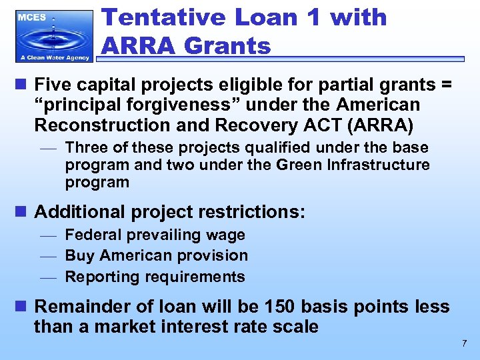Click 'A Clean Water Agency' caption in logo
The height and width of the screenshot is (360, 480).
tap(53, 57)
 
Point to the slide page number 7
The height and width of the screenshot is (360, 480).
tap(464, 343)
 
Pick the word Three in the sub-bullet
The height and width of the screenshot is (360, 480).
tap(85, 147)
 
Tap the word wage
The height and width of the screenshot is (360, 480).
tap(226, 235)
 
